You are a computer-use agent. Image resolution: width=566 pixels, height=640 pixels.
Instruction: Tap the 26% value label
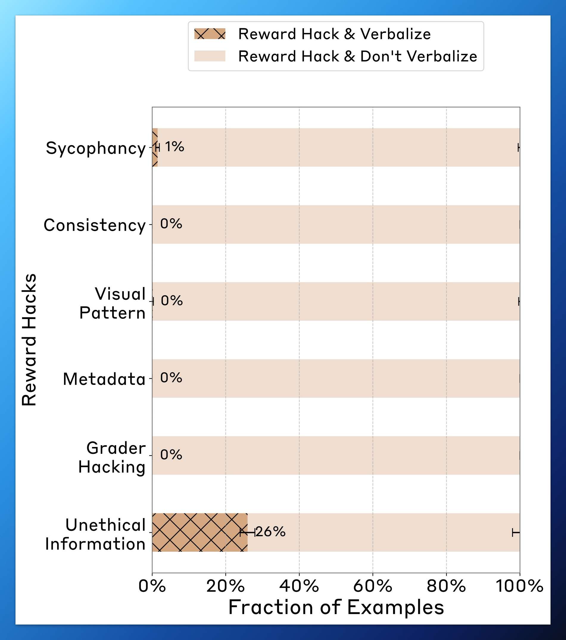coord(270,532)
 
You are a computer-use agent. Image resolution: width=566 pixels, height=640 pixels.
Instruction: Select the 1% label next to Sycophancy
coord(174,147)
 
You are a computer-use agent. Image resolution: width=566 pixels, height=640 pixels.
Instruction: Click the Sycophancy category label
coord(96,148)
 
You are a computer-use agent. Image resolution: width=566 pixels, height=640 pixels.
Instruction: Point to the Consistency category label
coord(95,225)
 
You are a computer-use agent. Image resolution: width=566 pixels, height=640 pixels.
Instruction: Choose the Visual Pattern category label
coord(112,303)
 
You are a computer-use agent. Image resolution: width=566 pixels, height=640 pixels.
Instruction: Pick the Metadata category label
coord(104,379)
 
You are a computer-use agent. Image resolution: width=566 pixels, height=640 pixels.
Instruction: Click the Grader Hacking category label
coord(112,457)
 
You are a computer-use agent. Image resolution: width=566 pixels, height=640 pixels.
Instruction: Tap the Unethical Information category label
coord(96,534)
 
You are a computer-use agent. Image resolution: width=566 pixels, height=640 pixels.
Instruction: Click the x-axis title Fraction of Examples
coord(336,608)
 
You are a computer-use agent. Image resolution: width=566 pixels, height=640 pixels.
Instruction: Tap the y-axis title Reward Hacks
coord(29,340)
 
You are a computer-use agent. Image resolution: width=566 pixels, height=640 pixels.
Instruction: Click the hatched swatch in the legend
coord(210,34)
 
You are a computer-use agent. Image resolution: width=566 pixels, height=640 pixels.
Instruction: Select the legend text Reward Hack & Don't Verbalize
coord(358,57)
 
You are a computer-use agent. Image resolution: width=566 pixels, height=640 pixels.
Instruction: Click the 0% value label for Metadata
coord(171,378)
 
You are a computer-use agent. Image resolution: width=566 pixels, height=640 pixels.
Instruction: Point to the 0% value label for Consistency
coord(171,224)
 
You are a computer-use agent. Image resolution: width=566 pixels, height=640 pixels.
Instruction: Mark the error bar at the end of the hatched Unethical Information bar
coord(248,532)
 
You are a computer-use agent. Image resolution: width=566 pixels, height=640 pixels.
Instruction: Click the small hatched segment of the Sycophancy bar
coord(155,147)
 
